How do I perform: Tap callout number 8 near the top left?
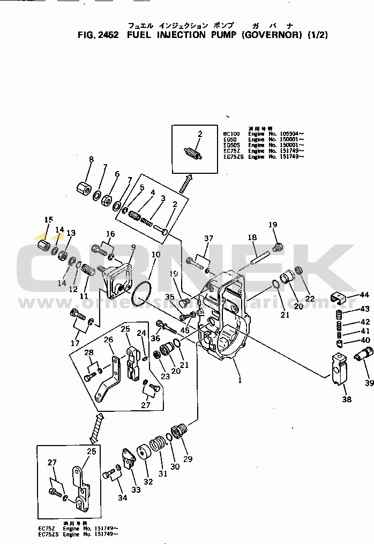[91, 159]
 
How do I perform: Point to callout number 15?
[49, 220]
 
